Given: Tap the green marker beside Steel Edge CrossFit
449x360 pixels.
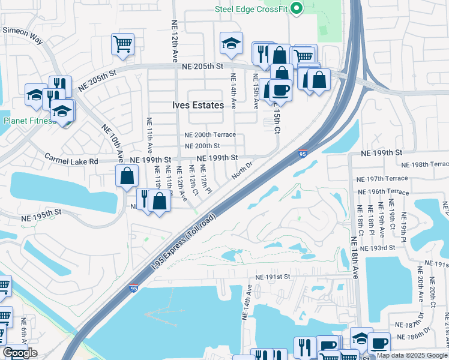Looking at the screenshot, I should [x=295, y=8].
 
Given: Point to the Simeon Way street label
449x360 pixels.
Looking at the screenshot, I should [x=23, y=35].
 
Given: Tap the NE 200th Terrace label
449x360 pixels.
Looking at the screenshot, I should [x=210, y=135].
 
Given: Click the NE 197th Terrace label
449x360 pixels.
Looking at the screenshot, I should [x=382, y=179].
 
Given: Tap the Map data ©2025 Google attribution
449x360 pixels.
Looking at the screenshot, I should [x=412, y=355].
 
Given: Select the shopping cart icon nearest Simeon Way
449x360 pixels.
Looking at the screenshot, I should [x=122, y=43].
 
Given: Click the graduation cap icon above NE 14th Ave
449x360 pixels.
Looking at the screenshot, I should [x=231, y=43].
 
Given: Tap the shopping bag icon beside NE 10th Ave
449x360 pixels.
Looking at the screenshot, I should [x=127, y=176].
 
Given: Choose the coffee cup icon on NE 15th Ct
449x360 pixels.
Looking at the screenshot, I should [x=280, y=90].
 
